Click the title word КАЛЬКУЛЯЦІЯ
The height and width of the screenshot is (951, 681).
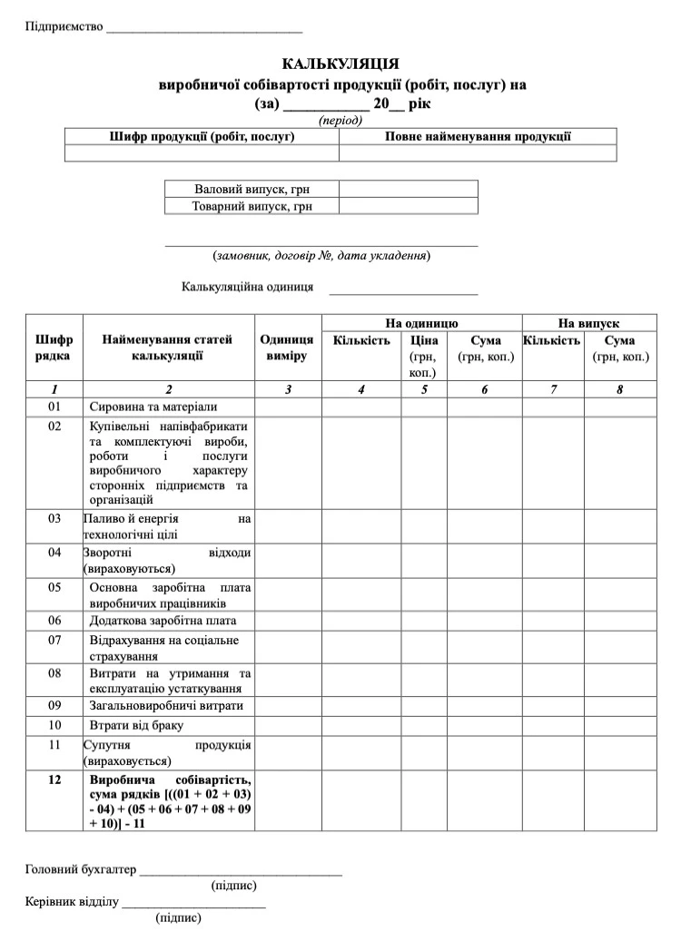(x=340, y=64)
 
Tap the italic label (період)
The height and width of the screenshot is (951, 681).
(x=340, y=120)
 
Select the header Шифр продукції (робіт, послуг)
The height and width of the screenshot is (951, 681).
(x=202, y=137)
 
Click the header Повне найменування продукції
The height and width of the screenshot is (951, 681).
(x=478, y=137)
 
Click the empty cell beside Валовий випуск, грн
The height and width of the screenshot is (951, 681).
(x=408, y=189)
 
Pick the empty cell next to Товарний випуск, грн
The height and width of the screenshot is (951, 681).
(x=408, y=206)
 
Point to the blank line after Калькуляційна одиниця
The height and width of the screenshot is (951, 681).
(x=403, y=290)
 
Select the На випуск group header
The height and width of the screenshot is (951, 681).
(x=588, y=323)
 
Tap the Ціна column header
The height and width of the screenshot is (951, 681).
(x=424, y=340)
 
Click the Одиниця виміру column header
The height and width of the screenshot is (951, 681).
(x=287, y=348)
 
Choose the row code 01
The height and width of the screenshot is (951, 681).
(x=54, y=407)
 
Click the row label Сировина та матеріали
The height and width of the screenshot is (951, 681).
(x=153, y=407)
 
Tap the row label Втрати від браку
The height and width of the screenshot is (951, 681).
(x=136, y=725)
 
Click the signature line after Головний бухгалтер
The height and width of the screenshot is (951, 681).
(x=241, y=872)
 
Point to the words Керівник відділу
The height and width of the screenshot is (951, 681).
(x=72, y=903)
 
